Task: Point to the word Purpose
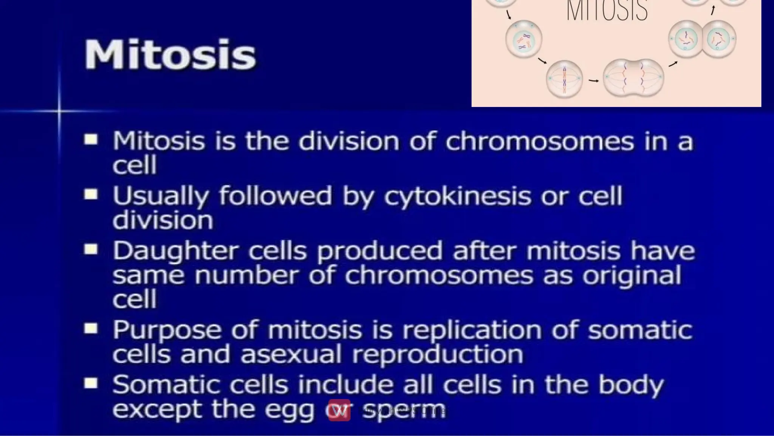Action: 167,330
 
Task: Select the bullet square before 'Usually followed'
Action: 91,195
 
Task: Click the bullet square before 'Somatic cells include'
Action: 91,384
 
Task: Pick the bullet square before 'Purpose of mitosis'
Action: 91,328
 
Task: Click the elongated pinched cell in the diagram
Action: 633,78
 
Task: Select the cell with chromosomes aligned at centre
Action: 564,79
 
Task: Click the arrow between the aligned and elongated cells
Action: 594,81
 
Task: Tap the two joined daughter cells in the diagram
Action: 702,39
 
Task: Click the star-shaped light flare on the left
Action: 59,111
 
